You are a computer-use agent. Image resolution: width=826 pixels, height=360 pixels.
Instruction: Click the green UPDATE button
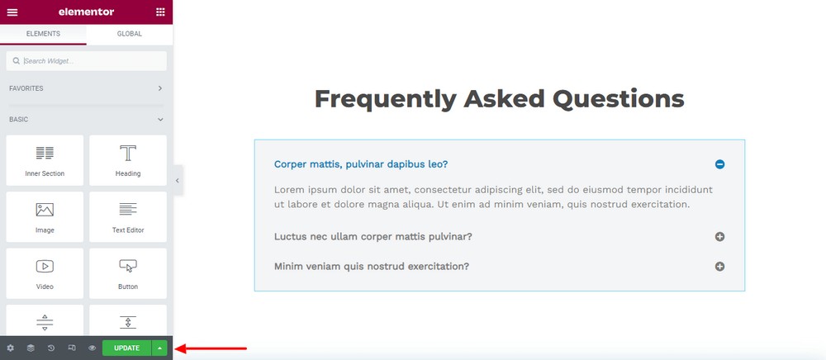pos(126,348)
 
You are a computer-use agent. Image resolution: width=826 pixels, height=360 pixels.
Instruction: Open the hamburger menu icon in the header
pos(12,12)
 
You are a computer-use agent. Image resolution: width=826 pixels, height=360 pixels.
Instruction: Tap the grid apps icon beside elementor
pos(161,12)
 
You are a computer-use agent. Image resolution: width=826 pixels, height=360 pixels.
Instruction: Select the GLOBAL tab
pos(130,34)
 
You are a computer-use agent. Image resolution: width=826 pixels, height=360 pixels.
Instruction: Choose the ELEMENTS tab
pos(43,34)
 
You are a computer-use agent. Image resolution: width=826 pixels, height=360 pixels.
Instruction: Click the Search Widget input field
pos(87,61)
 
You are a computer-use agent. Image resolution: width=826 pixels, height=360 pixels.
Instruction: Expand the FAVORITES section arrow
pos(160,88)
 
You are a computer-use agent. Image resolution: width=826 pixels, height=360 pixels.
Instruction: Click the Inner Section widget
pos(45,160)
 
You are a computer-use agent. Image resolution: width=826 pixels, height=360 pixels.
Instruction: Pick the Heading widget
pos(128,160)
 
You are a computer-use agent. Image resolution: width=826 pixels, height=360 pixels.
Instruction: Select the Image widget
pos(45,217)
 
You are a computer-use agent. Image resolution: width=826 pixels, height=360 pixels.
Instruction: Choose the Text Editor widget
pos(128,217)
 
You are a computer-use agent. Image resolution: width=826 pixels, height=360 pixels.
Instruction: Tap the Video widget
pos(45,273)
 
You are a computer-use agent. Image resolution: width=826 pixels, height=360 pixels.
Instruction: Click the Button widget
pos(128,273)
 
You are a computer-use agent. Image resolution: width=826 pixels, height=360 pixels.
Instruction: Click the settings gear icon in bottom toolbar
pos(11,348)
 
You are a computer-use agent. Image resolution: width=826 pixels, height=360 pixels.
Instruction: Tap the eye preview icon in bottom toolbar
pos(93,348)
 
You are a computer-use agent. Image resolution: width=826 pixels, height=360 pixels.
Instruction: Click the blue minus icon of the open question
pos(719,164)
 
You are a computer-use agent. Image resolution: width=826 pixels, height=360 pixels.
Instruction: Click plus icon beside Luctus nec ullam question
pos(719,237)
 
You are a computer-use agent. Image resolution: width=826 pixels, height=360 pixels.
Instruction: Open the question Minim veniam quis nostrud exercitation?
pos(372,267)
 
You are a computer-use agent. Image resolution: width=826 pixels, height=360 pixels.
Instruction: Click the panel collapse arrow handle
pos(178,181)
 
